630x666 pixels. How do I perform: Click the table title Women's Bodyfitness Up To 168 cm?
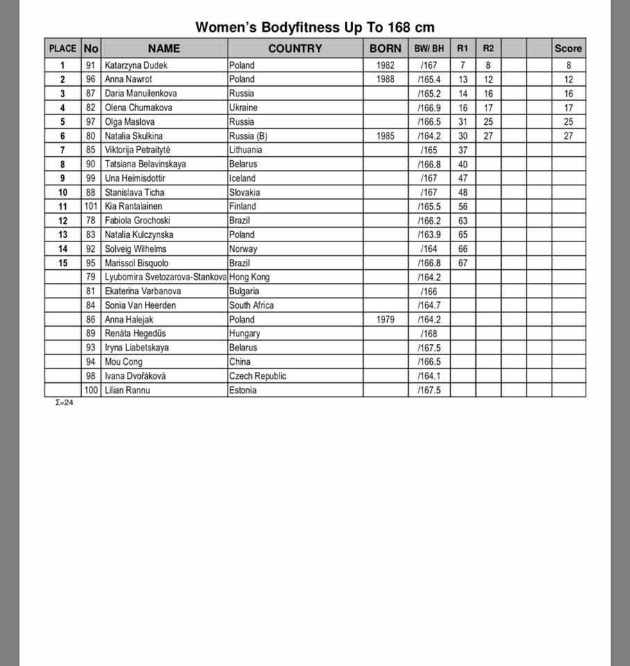[x=315, y=27]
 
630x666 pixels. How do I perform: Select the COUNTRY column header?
[x=295, y=49]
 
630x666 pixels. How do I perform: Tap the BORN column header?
[x=385, y=49]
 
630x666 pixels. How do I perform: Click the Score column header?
[x=568, y=49]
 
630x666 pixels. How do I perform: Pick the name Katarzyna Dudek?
[x=136, y=65]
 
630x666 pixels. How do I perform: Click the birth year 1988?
[x=385, y=79]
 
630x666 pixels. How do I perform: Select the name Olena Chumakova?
[x=139, y=108]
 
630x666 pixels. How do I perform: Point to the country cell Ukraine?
[x=244, y=108]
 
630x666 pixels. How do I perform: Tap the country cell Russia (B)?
[x=248, y=136]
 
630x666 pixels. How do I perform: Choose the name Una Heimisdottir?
[x=135, y=178]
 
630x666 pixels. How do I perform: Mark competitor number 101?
[x=91, y=206]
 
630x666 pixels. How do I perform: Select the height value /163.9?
[x=429, y=234]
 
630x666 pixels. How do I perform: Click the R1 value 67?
[x=463, y=263]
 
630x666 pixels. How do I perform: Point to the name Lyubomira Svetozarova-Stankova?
[x=165, y=277]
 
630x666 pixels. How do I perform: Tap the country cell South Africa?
[x=251, y=305]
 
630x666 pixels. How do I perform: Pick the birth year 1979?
[x=385, y=320]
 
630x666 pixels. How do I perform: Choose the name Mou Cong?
[x=124, y=361]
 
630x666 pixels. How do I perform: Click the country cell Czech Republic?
[x=257, y=376]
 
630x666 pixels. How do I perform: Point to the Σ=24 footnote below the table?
[x=64, y=402]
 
